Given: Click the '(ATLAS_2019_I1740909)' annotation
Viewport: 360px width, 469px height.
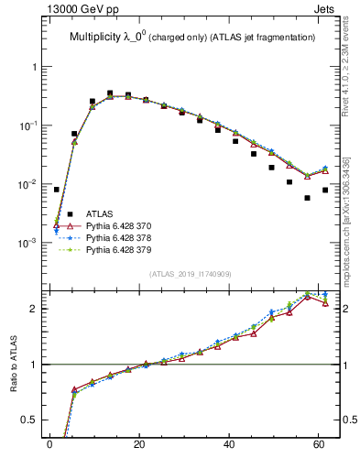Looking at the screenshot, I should (x=192, y=273).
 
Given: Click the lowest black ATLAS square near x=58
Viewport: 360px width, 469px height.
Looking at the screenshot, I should (x=307, y=198).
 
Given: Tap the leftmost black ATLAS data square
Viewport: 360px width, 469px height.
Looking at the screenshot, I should (x=56, y=190).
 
